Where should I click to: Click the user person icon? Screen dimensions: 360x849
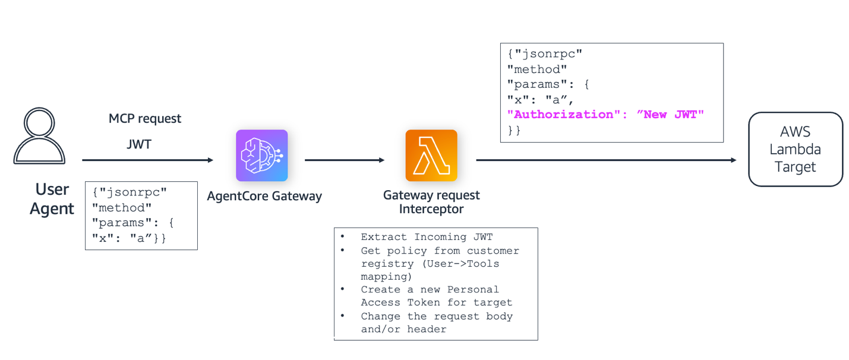point(39,136)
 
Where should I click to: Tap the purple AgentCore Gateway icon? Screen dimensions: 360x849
point(261,156)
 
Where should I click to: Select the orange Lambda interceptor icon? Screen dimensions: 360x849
point(431,156)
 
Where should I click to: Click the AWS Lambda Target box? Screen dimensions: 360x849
point(795,150)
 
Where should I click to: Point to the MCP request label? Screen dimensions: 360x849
point(145,118)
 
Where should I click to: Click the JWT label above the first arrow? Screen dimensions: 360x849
point(139,144)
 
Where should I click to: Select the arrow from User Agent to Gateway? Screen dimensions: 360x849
point(147,160)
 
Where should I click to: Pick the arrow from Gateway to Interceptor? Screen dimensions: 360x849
point(345,160)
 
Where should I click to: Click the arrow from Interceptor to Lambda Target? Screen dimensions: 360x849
point(606,160)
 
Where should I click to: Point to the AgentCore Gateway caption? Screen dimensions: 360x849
point(264,196)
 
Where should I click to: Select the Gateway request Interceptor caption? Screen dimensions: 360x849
point(431,202)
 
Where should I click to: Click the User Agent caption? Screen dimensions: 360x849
point(52,199)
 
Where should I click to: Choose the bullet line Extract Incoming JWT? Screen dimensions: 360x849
point(427,237)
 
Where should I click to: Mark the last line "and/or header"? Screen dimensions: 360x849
point(403,329)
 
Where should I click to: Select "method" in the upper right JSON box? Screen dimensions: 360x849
point(537,69)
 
